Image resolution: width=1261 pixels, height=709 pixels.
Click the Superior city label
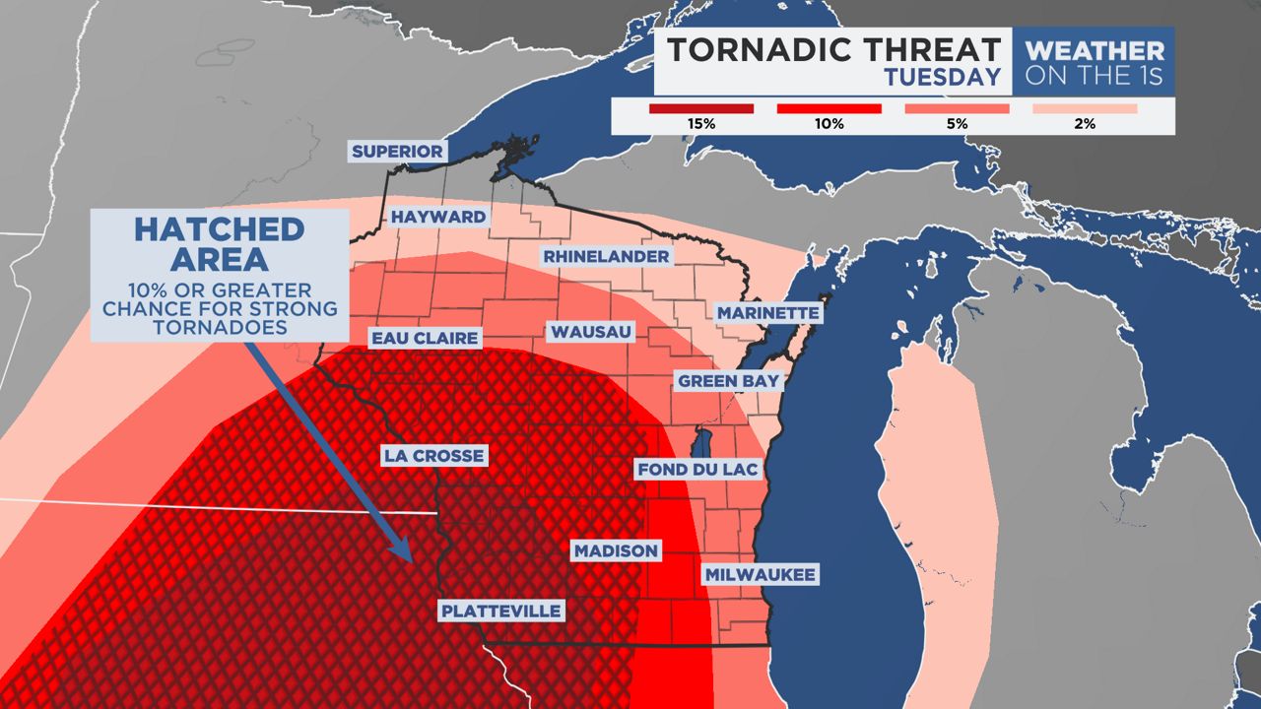point(398,152)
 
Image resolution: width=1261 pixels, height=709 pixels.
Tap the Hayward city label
point(438,217)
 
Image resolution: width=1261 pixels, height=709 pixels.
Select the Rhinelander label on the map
point(606,257)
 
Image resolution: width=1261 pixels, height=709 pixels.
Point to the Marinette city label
point(767,313)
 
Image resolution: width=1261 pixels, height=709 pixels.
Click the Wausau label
point(591,332)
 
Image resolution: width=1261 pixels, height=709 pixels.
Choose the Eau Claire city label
point(425,339)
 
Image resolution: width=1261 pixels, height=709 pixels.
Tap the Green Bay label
point(728,381)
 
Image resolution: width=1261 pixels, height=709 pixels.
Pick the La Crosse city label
point(433,456)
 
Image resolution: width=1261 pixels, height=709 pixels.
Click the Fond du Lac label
point(697,470)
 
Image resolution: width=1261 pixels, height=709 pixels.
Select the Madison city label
point(616,551)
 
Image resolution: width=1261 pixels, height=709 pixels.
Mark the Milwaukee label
point(760,574)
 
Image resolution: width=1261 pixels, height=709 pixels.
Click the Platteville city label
point(501,612)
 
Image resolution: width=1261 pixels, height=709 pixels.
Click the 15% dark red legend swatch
point(701,108)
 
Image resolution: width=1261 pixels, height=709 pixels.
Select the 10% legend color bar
point(829,108)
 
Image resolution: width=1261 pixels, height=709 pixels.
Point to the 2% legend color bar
point(1086,108)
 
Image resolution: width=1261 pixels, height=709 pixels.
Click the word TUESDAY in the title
point(942,77)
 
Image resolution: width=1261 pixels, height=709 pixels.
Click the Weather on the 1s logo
point(1094,62)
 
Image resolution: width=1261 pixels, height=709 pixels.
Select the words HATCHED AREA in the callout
point(219,244)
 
